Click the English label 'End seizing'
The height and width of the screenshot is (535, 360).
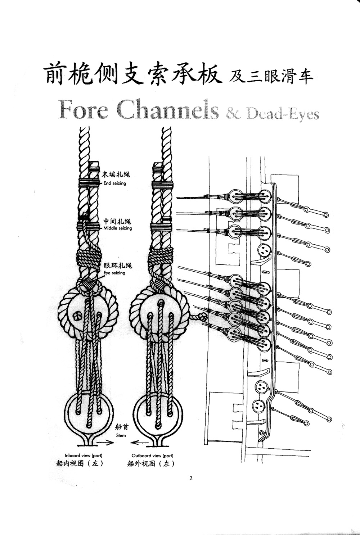coord(114,183)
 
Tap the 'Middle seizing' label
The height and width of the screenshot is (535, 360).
coord(118,228)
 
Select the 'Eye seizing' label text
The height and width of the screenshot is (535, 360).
coord(114,273)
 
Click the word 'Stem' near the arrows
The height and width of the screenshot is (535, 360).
coord(121,435)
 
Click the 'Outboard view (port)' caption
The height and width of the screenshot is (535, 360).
coord(152,455)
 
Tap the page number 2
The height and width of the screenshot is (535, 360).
coord(191,478)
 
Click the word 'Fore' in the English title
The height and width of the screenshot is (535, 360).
coord(83,109)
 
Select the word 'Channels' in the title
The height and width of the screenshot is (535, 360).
coord(168,109)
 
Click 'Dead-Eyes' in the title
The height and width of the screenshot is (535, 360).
coord(283,114)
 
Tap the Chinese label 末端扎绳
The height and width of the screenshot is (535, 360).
coord(116,175)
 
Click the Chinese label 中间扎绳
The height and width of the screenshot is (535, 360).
coord(117,221)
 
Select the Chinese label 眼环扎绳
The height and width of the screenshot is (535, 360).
coord(118,266)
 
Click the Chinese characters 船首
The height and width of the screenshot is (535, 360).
coord(121,427)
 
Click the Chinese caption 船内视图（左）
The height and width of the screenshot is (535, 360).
coord(80,463)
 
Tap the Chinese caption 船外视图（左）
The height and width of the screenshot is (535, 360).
coord(151,463)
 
